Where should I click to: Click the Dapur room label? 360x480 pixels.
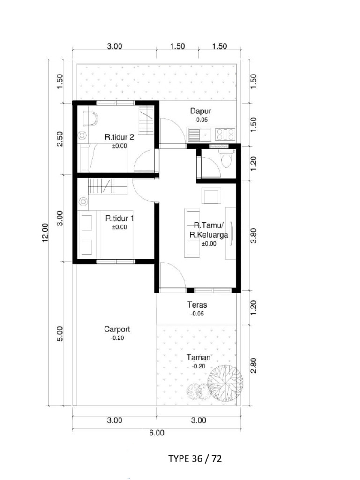[201, 111]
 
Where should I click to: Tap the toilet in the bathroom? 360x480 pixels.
[227, 158]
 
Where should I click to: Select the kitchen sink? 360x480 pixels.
[199, 135]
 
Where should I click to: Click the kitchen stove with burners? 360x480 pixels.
[225, 135]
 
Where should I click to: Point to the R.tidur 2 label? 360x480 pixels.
[120, 137]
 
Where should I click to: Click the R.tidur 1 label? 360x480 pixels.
[120, 218]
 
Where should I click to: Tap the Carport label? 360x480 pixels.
[117, 330]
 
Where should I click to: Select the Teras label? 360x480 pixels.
[197, 305]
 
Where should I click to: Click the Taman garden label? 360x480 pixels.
[199, 358]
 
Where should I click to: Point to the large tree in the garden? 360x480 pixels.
[225, 382]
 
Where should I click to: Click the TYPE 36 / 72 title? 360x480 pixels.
[195, 458]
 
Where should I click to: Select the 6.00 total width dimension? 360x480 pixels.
[157, 433]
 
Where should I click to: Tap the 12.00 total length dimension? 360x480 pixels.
[45, 232]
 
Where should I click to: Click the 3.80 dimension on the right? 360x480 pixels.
[254, 236]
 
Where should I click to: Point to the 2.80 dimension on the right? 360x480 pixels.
[254, 366]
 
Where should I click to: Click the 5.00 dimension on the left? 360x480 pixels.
[60, 334]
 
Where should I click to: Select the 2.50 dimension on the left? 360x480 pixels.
[60, 139]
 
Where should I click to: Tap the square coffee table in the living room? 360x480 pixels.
[211, 195]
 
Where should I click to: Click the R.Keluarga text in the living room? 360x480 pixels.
[209, 235]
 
